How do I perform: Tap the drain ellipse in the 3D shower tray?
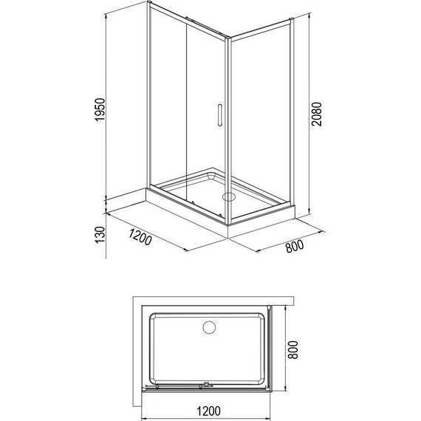point(227,197)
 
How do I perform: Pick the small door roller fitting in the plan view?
point(207,384)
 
